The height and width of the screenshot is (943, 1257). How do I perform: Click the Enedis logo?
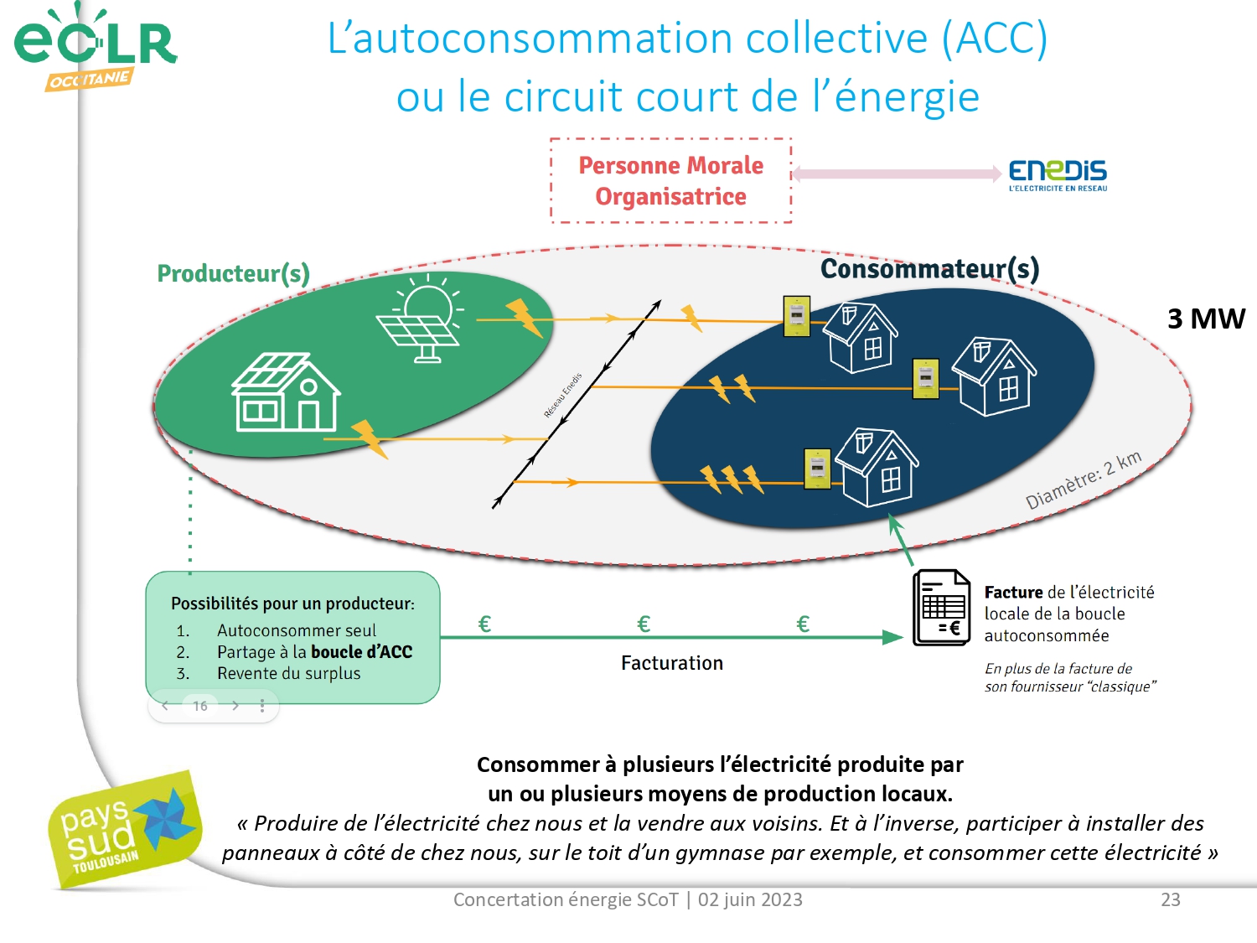coord(1058,174)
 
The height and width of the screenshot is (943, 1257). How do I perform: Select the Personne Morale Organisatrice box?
coord(670,180)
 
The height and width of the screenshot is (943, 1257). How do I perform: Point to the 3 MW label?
coord(1206,319)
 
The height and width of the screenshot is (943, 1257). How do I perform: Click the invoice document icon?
coord(941,608)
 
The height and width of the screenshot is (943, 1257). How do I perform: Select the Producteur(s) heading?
coord(233,273)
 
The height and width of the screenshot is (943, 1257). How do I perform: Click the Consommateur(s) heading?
coord(929,268)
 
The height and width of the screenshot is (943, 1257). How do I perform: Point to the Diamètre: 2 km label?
coord(1084,480)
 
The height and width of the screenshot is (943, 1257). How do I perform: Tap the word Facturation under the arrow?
coord(671,663)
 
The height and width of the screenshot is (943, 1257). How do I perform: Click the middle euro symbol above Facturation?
coord(644,624)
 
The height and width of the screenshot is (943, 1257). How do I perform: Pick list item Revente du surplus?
coord(288,673)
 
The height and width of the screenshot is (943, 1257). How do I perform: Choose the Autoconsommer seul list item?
coord(296,630)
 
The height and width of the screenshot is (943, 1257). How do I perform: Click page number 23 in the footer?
coord(1170,899)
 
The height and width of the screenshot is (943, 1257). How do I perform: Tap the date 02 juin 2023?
coord(750,899)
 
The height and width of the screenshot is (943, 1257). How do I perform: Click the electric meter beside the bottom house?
coord(817,469)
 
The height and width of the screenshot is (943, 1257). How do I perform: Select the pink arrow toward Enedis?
coord(897,174)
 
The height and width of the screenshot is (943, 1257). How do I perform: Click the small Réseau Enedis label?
coord(562,396)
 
